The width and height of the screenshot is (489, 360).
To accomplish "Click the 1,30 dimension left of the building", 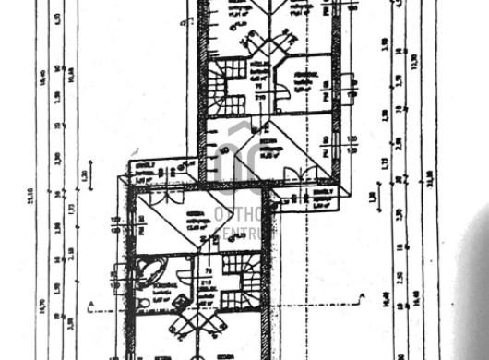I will click(83, 174).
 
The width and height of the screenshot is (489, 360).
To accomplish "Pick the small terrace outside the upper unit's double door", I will click(319, 195).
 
